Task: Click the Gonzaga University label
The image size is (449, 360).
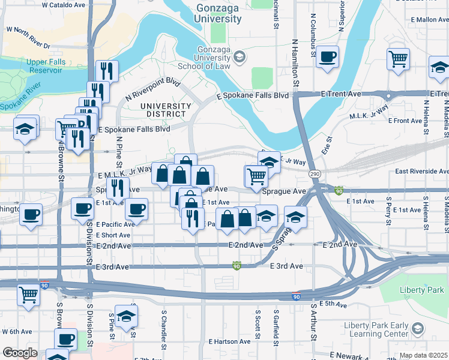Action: [218, 14]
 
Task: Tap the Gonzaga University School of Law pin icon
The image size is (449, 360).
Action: [240, 57]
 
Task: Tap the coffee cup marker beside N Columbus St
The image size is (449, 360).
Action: [327, 57]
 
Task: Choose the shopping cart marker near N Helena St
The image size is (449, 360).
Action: [398, 59]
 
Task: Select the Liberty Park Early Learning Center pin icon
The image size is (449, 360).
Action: [418, 328]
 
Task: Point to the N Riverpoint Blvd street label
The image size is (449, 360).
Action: [153, 89]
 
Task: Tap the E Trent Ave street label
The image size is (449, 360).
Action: [341, 94]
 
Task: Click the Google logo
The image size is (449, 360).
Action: [19, 353]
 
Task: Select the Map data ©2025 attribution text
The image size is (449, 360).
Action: [423, 355]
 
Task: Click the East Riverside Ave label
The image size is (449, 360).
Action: [421, 171]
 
